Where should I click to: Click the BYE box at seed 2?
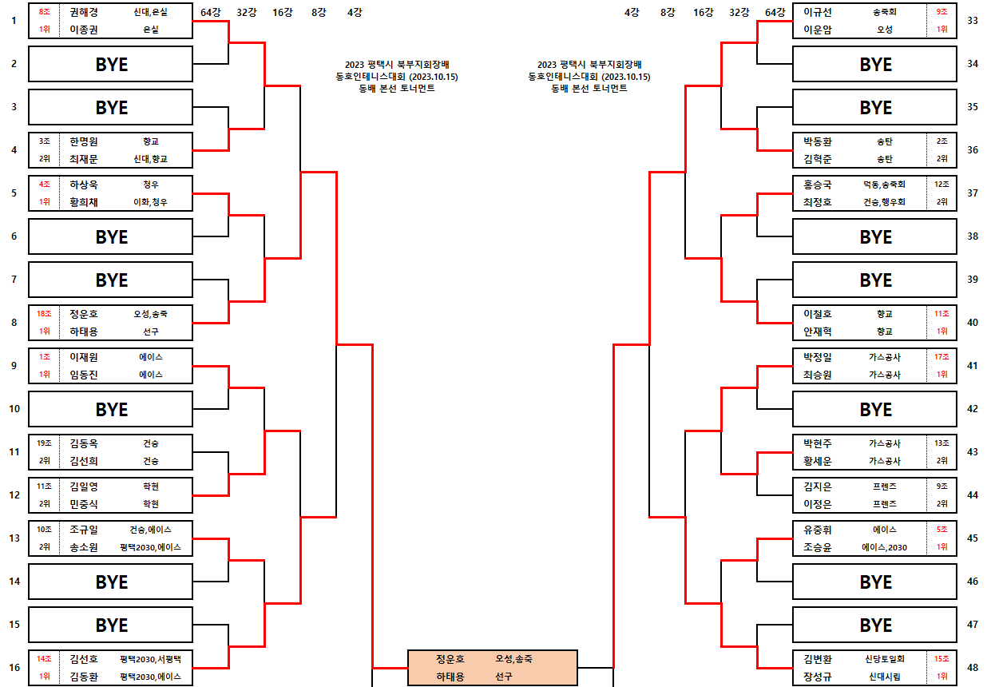[x=111, y=64]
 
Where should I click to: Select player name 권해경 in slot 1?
[x=83, y=12]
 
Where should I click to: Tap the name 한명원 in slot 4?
[x=83, y=141]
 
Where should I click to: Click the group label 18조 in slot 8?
[x=45, y=314]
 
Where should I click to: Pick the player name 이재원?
[x=83, y=357]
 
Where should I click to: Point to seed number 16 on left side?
[x=14, y=668]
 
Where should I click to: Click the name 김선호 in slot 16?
[x=83, y=659]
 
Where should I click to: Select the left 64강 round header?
[x=212, y=12]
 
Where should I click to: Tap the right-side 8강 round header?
[x=668, y=12]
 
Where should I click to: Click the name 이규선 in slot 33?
[x=817, y=12]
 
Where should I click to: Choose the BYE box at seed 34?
[x=874, y=64]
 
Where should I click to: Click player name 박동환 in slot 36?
[x=817, y=141]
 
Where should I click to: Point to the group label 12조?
[x=942, y=185]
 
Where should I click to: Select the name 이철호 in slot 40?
[x=817, y=314]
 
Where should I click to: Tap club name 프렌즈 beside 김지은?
[x=885, y=486]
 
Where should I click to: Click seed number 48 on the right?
[x=972, y=668]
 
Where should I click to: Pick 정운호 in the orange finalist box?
[x=450, y=659]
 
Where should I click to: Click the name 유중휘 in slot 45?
[x=817, y=530]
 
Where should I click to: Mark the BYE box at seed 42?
[x=874, y=409]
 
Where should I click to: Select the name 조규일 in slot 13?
[x=83, y=530]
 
